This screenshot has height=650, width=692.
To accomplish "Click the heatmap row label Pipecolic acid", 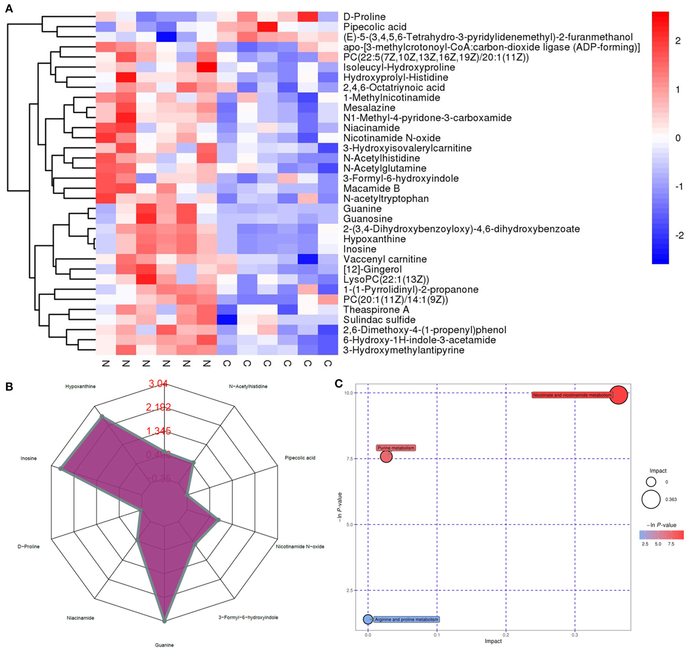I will point(375,27).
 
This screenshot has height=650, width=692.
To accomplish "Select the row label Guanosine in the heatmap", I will point(368,219).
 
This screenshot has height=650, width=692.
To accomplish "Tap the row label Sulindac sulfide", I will point(379,320).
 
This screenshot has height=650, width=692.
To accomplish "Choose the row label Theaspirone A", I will point(376,310).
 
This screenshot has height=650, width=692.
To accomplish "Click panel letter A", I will point(9,9).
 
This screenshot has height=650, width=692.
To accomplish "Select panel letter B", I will point(9,386).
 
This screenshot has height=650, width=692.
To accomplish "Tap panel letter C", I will point(339,384).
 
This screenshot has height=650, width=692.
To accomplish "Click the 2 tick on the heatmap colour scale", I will point(678,41).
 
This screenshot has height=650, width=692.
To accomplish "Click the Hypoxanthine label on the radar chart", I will point(80,386).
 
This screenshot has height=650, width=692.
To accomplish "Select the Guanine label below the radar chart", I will point(164,645).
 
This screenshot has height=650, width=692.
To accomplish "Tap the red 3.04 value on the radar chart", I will point(158,384).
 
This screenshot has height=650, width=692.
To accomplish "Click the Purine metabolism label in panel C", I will point(396,448).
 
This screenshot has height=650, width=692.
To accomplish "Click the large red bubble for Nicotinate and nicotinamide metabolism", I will point(618,395).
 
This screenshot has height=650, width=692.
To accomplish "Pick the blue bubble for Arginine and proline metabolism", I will point(368,619).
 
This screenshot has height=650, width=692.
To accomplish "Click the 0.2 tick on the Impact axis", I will point(506,635).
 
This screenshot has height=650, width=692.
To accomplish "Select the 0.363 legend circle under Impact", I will point(651,499).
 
